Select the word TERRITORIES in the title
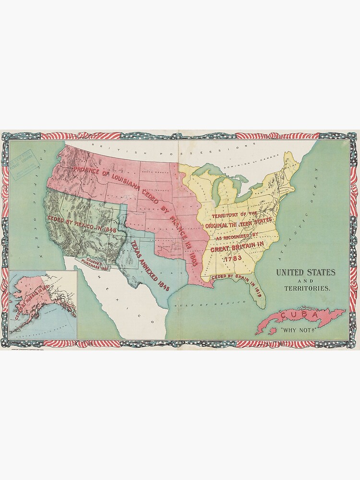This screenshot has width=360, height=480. [305, 289]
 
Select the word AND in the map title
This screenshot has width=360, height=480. [305, 281]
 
